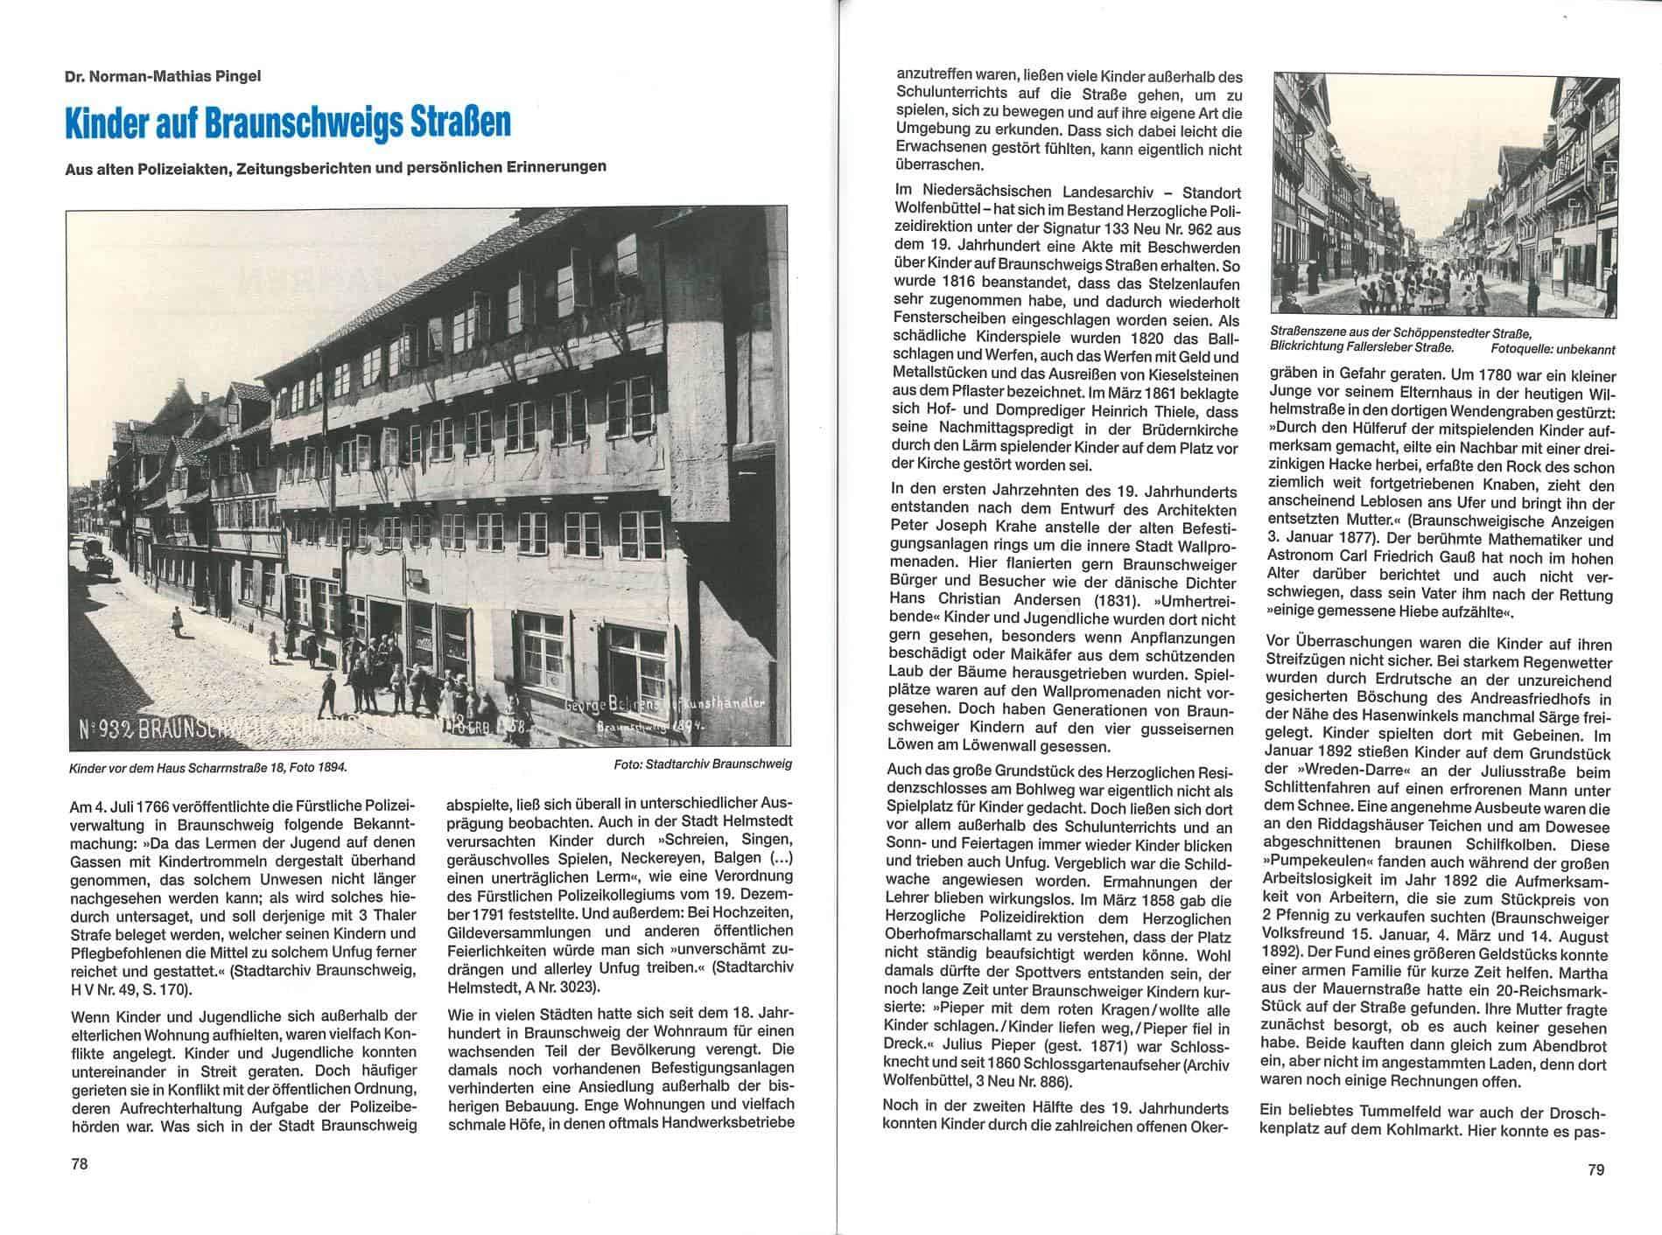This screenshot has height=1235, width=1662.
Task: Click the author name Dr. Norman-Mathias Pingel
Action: coord(163,76)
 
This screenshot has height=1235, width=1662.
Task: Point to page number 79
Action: coord(1595,1169)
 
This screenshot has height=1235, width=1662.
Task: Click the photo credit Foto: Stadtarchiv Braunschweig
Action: coord(703,764)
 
